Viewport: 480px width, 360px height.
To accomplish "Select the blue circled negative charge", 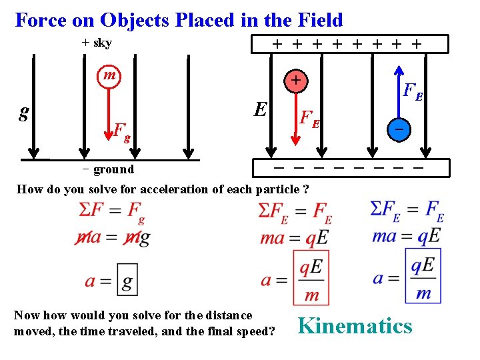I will (398, 128).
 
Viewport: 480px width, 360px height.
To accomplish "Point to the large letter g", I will (24, 112).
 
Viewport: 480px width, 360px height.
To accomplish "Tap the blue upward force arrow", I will (398, 90).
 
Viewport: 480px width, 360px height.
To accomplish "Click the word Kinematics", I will (355, 325).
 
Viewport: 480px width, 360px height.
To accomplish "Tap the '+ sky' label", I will (97, 43).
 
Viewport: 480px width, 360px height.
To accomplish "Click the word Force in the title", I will (40, 19).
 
